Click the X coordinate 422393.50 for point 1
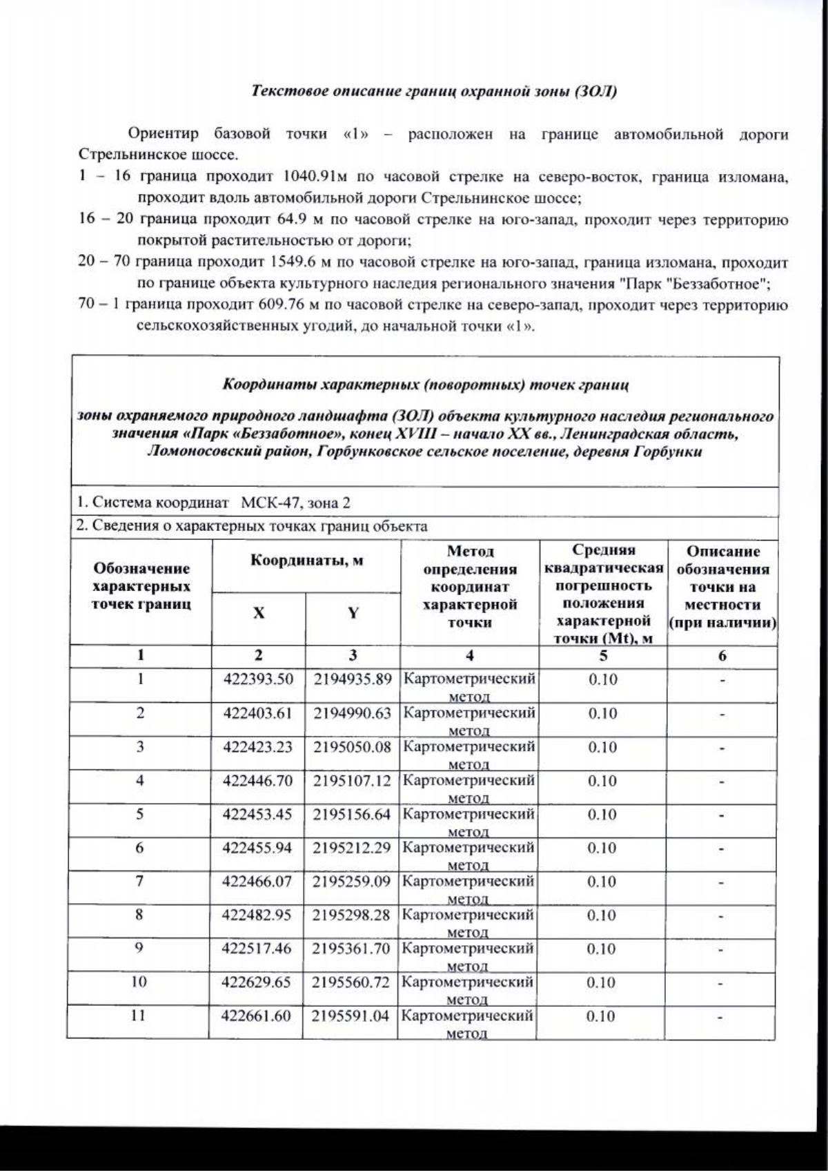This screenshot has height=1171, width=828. tap(257, 679)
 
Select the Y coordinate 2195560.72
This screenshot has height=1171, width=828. tap(351, 982)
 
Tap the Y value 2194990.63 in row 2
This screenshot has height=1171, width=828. tap(352, 713)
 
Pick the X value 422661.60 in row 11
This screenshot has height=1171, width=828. tap(256, 1016)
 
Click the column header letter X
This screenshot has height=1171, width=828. tap(258, 613)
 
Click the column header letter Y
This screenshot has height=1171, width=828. tap(353, 613)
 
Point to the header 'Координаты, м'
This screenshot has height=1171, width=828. tap(306, 561)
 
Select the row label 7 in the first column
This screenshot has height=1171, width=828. tap(139, 881)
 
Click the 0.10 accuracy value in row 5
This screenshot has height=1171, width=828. tap(602, 814)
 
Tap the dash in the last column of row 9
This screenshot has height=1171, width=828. tap(722, 950)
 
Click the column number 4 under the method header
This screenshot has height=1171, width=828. tap(469, 655)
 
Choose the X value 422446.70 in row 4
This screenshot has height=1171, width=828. tap(257, 780)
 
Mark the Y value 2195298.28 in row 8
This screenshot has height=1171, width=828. tap(351, 915)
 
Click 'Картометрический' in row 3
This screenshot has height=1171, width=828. tap(469, 746)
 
